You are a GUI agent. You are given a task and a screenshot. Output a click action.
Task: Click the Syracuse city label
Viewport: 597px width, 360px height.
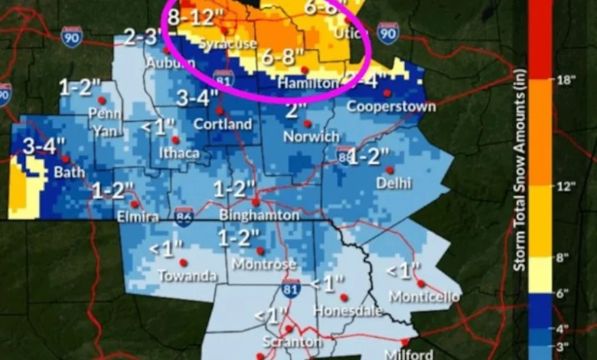click(227, 44)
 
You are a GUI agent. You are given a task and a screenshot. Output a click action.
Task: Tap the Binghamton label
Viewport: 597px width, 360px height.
click(259, 216)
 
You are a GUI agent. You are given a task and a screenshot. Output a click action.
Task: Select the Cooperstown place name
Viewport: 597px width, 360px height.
click(391, 106)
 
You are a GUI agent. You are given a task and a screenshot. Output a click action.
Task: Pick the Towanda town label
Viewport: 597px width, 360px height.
click(188, 276)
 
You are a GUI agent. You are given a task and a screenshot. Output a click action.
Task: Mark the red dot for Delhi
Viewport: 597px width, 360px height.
click(389, 169)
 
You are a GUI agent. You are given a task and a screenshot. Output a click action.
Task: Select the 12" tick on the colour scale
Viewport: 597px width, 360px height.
click(567, 185)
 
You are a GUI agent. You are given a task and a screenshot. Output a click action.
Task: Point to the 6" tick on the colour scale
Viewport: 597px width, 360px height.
click(567, 292)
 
